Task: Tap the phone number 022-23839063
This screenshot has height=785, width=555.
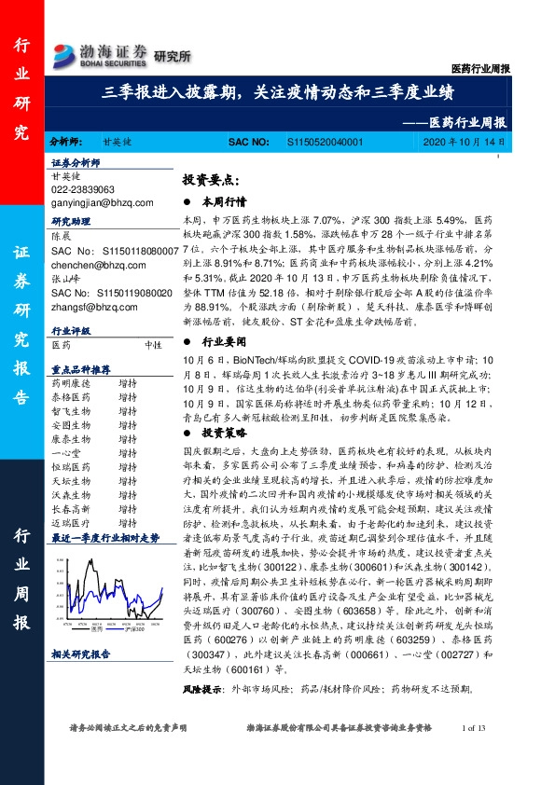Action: tap(84, 189)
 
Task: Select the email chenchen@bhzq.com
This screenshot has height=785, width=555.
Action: tap(90, 264)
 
